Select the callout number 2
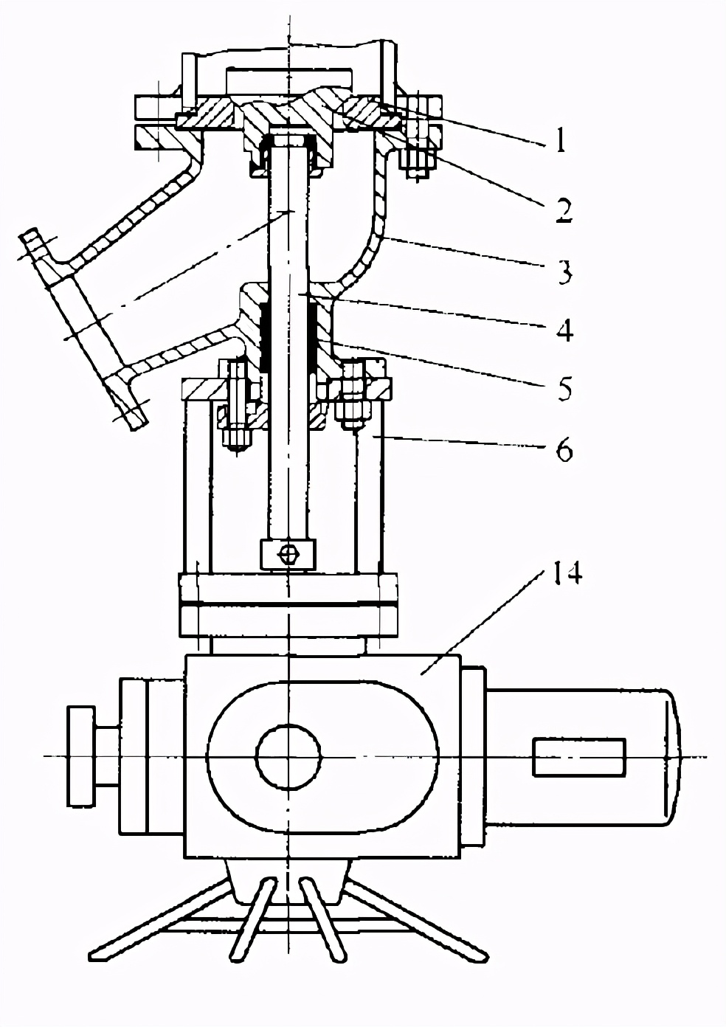click(562, 209)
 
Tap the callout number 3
click(564, 272)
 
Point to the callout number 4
click(564, 330)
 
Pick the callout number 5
click(564, 388)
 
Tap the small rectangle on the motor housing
click(578, 757)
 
